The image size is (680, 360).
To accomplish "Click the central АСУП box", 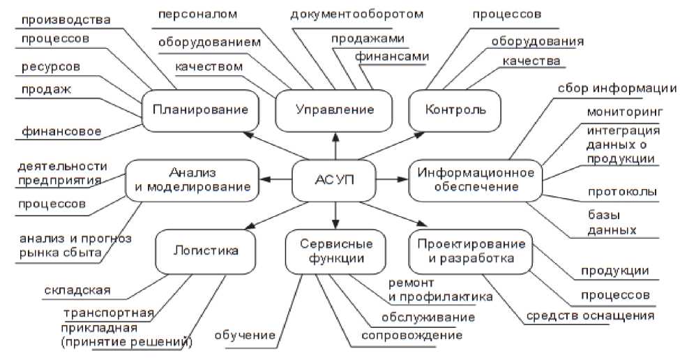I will pyautogui.click(x=334, y=179).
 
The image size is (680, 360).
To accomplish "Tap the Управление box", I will pyautogui.click(x=334, y=110).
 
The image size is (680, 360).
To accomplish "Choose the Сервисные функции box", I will pyautogui.click(x=335, y=251).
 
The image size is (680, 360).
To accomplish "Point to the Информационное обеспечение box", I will pyautogui.click(x=471, y=179).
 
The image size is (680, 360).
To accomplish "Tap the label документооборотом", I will pyautogui.click(x=356, y=13).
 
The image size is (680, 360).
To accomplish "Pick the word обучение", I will pyautogui.click(x=245, y=336).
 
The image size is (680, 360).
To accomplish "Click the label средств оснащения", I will pyautogui.click(x=591, y=316).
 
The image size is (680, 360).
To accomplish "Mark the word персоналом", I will pyautogui.click(x=197, y=13).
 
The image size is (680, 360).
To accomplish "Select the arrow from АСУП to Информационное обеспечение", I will pyautogui.click(x=391, y=179).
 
